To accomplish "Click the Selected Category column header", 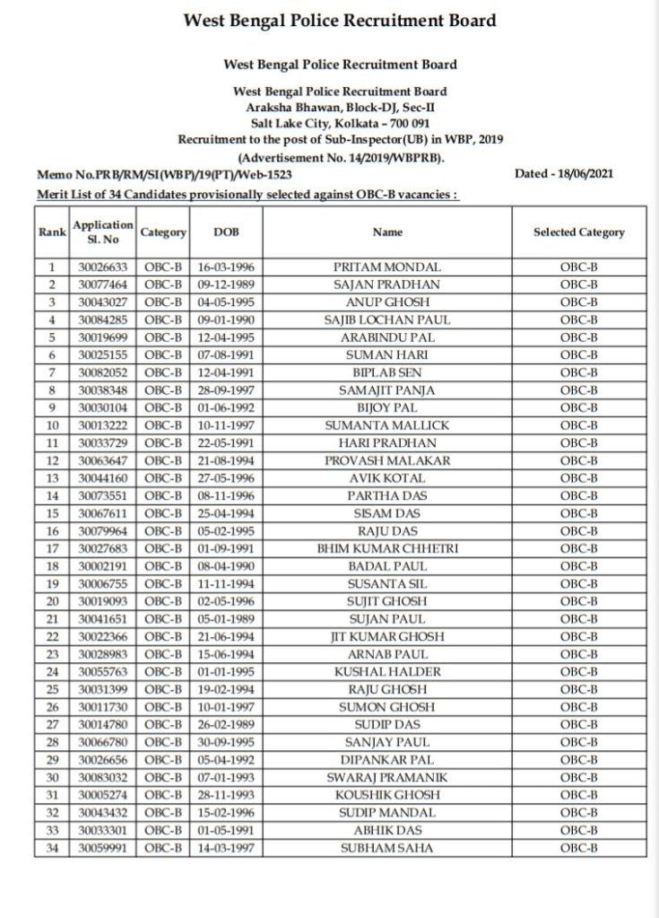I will tap(578, 232).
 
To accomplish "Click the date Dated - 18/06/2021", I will tap(565, 174).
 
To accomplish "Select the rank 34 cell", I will tap(52, 845).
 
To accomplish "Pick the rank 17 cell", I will tap(52, 546).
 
